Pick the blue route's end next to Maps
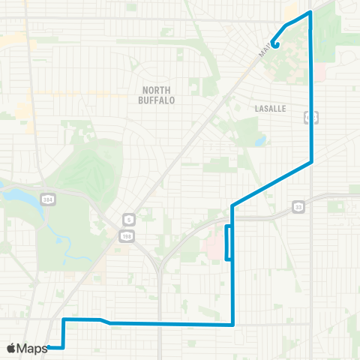[x=49, y=347]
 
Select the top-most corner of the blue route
[x=310, y=13]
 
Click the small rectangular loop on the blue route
[x=229, y=242]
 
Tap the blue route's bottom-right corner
[x=234, y=325]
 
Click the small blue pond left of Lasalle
[x=260, y=140]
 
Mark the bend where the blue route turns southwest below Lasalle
[x=311, y=161]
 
